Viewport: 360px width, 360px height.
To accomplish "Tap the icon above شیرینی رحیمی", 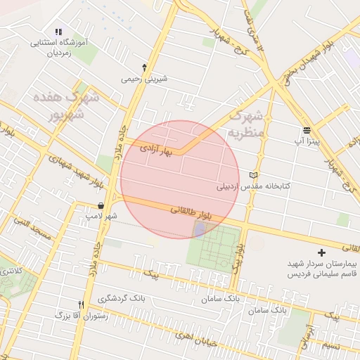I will (145, 67).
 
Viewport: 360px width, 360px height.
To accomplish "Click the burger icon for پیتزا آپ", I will (307, 130).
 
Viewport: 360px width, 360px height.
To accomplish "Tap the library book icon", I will (254, 175).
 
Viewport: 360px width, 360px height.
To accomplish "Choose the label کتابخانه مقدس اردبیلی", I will (253, 188).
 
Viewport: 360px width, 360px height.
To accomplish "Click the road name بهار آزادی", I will (155, 149).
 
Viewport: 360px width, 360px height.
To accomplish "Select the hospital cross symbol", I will (322, 252).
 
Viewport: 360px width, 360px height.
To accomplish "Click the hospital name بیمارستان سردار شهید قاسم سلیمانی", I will (322, 268).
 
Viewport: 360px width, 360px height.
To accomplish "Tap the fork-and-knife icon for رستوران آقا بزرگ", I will (82, 305).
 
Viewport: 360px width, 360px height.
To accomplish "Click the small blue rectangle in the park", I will (200, 230).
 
